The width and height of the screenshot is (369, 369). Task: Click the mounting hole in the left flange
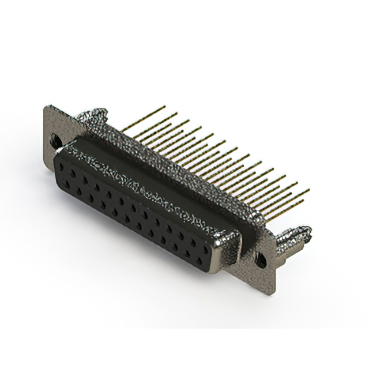[x=56, y=139]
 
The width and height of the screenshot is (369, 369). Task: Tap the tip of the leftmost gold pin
[x=164, y=107]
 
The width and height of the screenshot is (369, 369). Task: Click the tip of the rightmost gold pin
[x=309, y=190]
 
